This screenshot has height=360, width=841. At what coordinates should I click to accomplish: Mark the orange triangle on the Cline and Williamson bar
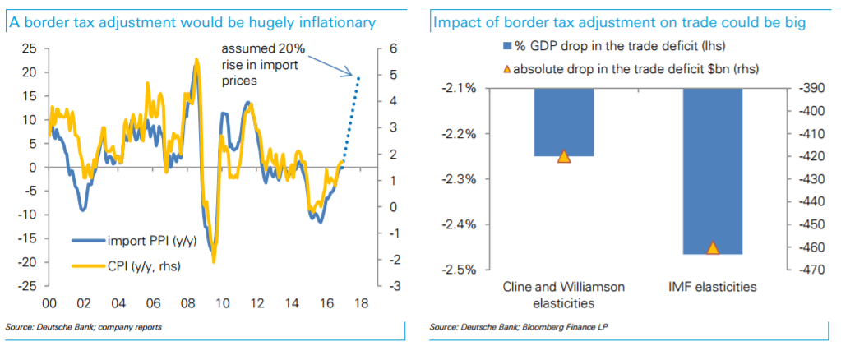tap(564, 156)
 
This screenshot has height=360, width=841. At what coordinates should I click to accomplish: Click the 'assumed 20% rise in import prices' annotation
tap(262, 65)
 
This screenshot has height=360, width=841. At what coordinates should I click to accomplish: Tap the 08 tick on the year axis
tap(187, 302)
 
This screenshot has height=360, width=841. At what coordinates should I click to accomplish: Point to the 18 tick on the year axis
tap(360, 302)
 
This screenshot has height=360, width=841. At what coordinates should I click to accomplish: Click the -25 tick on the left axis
tap(30, 286)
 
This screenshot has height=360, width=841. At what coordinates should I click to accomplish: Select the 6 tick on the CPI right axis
tap(395, 48)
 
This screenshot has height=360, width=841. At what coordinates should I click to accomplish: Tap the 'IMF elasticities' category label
tap(714, 288)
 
